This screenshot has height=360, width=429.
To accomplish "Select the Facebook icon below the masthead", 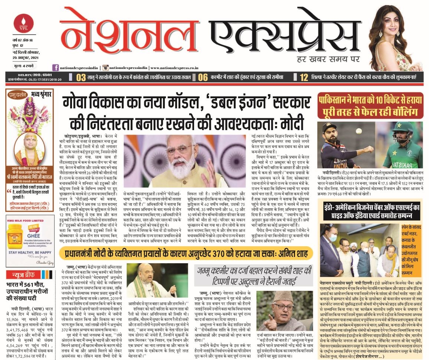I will click(x=56, y=67).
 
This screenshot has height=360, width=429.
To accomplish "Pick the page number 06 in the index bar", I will click(x=203, y=77).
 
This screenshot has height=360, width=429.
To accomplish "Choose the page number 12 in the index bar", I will click(x=304, y=77).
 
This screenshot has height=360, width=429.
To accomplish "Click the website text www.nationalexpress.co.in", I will click(x=174, y=68).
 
